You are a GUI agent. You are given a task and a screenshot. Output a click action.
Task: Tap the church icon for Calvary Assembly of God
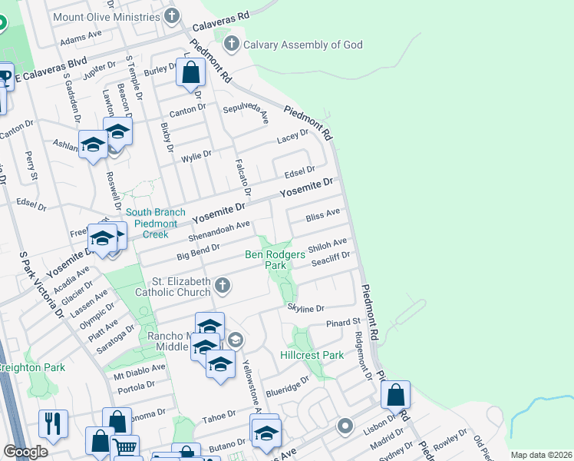[x=231, y=45]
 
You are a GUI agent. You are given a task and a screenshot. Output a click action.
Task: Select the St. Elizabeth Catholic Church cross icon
[x=223, y=286]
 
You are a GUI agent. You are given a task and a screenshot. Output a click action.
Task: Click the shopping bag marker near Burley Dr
[x=190, y=73]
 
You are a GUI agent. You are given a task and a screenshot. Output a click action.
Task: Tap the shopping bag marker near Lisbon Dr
[x=395, y=396]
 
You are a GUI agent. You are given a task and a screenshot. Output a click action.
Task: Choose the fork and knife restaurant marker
[x=53, y=423]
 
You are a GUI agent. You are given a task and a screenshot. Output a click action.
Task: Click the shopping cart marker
[x=125, y=448]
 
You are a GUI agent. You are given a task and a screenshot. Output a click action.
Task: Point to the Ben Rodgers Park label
[x=275, y=260]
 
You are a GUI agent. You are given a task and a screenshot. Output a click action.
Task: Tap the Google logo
[x=25, y=452]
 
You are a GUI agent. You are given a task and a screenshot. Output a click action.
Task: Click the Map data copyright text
[x=541, y=455]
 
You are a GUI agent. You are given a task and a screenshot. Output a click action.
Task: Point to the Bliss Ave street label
[x=322, y=218]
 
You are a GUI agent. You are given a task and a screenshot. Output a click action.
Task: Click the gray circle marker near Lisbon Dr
[x=345, y=425]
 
